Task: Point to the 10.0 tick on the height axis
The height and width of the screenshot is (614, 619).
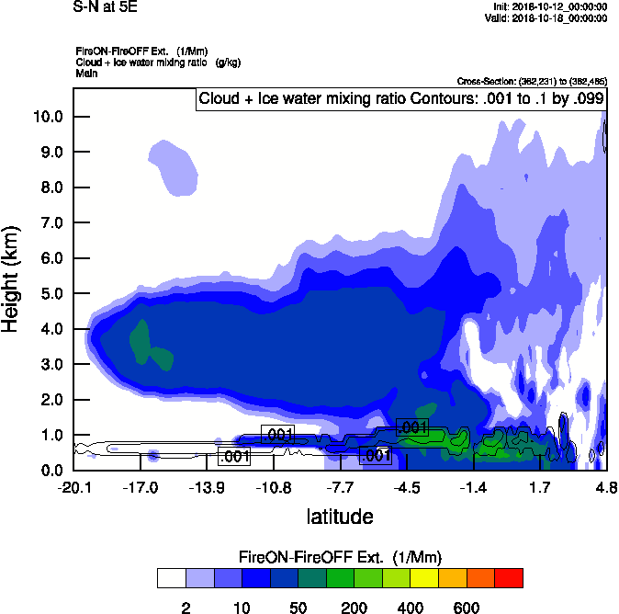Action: [49, 117]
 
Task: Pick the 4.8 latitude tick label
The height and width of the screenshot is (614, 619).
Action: [605, 485]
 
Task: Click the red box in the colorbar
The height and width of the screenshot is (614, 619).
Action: [509, 577]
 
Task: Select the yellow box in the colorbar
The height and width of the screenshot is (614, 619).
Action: [424, 577]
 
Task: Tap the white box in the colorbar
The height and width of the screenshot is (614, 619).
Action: [171, 577]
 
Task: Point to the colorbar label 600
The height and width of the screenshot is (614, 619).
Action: [467, 608]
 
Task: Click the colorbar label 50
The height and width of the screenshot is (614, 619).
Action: [298, 608]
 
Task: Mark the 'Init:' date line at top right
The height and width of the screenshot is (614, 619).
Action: [545, 7]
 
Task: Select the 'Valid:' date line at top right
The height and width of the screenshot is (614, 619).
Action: [544, 18]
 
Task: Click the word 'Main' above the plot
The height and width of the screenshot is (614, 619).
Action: [86, 72]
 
